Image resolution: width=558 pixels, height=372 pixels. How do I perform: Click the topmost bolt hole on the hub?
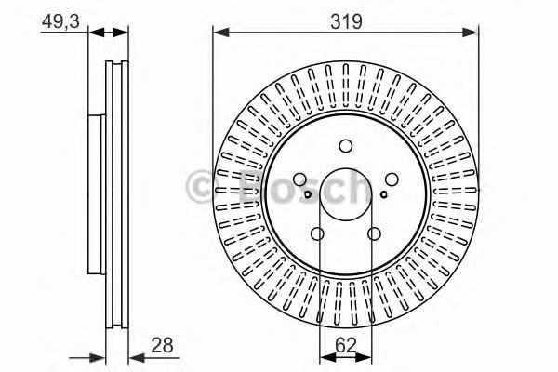[x=346, y=145]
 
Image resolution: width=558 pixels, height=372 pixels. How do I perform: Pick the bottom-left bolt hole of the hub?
[x=317, y=234]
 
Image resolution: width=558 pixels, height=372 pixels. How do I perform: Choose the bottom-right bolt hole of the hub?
[x=375, y=234]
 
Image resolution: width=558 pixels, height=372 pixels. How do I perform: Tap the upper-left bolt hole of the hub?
[x=299, y=180]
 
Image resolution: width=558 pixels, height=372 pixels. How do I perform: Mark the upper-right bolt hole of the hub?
[x=392, y=180]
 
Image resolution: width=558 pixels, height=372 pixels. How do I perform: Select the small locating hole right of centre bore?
[x=383, y=194]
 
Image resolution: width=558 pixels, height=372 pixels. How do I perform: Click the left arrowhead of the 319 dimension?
[x=220, y=32]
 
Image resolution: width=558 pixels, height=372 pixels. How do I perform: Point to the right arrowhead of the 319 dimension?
[x=472, y=32]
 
